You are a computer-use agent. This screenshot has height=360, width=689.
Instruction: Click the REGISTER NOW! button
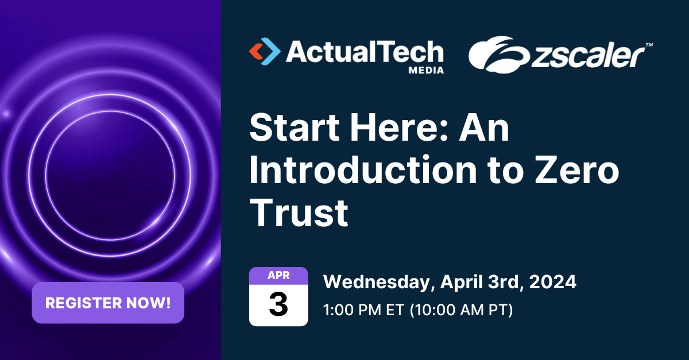pyautogui.click(x=108, y=303)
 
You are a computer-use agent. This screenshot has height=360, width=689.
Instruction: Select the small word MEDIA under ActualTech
pyautogui.click(x=425, y=70)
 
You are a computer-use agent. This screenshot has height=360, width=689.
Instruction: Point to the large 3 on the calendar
pyautogui.click(x=278, y=305)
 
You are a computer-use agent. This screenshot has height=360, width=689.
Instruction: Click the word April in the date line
pyautogui.click(x=460, y=282)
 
